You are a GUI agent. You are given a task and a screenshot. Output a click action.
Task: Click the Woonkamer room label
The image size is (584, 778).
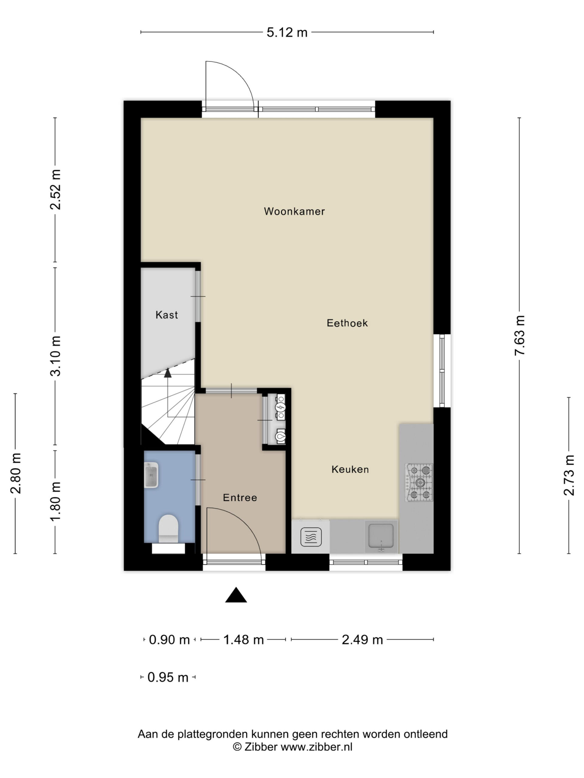[x=294, y=212]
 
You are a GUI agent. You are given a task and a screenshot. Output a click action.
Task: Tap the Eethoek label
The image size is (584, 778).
[x=347, y=323]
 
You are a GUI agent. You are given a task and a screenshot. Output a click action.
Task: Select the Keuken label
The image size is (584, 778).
[x=350, y=469]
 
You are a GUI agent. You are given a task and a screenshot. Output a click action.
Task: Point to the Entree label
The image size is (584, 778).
[x=240, y=497]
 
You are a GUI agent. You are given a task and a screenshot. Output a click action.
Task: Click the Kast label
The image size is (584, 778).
[x=166, y=315]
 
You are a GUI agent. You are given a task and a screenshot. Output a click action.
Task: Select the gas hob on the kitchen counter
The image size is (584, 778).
[x=419, y=482]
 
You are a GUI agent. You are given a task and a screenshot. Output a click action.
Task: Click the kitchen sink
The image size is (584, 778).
[x=381, y=536]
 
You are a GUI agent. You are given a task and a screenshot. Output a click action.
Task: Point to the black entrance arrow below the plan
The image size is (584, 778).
[x=236, y=595]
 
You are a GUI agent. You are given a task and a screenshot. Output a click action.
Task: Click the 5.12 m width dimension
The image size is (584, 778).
[x=287, y=32]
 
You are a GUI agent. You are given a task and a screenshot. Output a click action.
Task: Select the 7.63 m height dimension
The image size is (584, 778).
[x=520, y=335]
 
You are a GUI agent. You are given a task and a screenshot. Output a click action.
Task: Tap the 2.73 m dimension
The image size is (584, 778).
[x=569, y=475]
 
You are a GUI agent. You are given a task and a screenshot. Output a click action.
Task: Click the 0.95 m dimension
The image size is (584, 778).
[x=168, y=677]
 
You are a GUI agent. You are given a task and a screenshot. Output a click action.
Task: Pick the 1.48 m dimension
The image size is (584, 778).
[x=244, y=639]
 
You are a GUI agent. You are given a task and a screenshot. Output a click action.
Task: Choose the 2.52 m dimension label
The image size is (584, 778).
[x=55, y=189]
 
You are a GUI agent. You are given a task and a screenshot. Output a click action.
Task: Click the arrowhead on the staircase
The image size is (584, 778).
[x=168, y=373]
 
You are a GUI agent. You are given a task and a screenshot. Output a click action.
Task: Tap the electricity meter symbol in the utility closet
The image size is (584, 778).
[x=280, y=407]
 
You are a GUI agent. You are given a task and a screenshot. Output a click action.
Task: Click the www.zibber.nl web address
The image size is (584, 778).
[x=316, y=747]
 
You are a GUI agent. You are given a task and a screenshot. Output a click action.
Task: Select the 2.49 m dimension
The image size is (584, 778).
[x=362, y=639]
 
